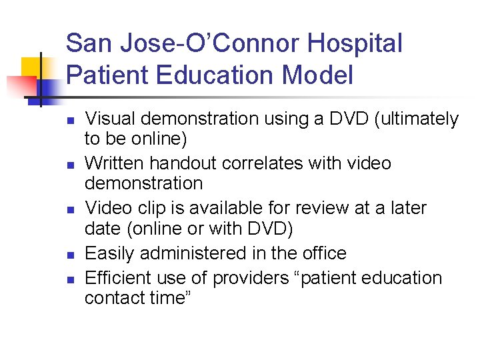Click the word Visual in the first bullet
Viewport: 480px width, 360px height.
point(109,119)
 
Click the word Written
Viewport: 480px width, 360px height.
point(115,163)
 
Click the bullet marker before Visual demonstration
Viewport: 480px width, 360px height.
point(69,121)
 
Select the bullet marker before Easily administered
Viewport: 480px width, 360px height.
point(69,255)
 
